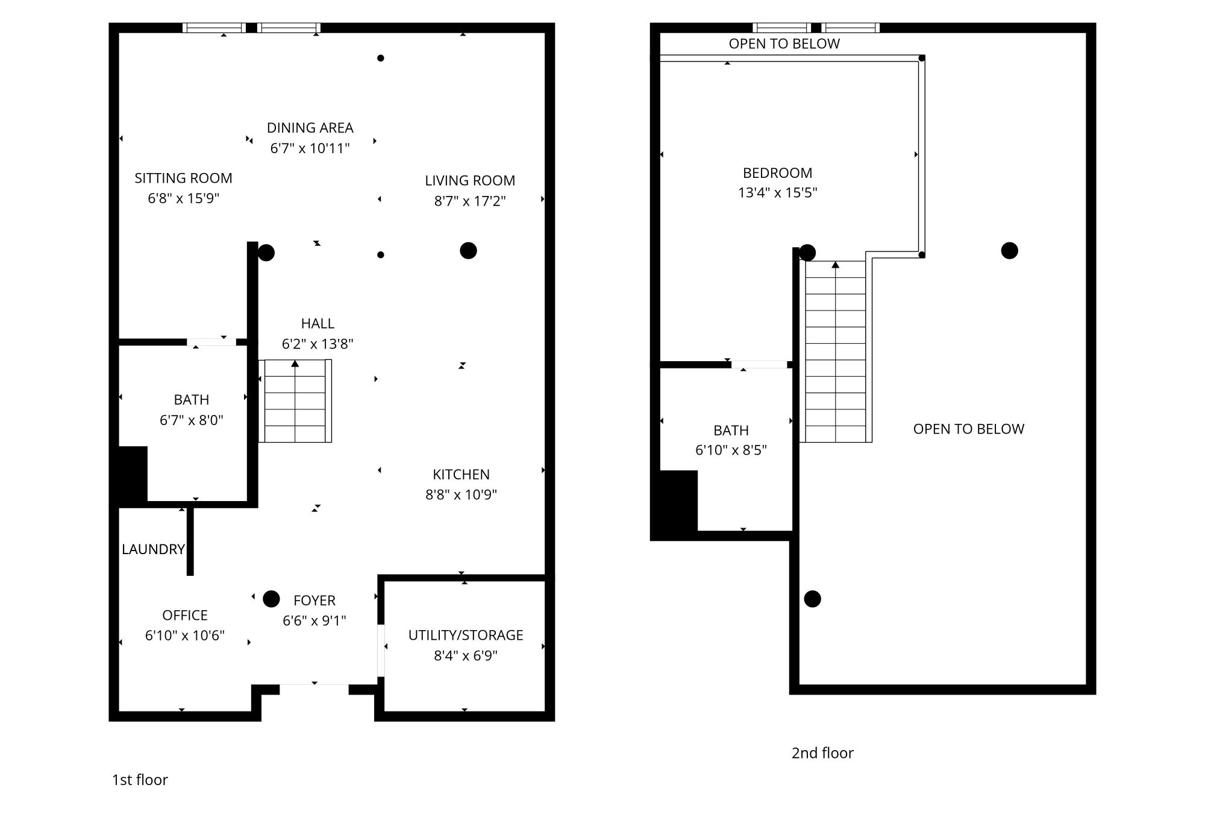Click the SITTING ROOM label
pos(183,178)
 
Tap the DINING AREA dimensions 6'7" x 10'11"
pos(310,148)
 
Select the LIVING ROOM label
pos(470,181)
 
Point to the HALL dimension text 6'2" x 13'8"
pos(318,344)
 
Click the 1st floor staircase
pos(295,401)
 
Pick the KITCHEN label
pos(461,475)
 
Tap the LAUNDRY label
pos(153,549)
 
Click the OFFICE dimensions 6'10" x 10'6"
pos(185,636)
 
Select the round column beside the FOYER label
pos(271,599)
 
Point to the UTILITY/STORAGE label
pos(466,636)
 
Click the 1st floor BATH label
pos(192,400)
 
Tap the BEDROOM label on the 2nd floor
pos(777,173)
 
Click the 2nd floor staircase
pos(836,352)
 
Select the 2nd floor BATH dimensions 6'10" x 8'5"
pos(731,450)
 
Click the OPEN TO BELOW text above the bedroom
pos(784,44)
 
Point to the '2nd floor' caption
pos(822,753)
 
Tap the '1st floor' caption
pos(140,780)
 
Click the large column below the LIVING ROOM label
pos(468,250)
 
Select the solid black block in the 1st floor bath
pos(133,474)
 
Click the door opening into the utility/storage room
pos(381,651)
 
